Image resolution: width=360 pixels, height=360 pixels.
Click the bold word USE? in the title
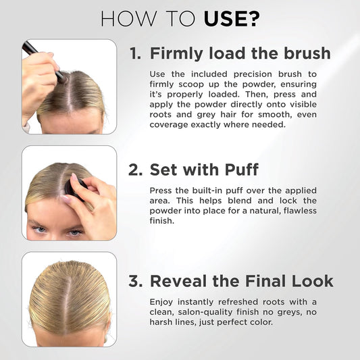click(x=232, y=18)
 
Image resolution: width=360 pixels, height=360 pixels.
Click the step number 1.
click(x=135, y=53)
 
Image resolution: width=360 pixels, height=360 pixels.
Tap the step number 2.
click(x=135, y=170)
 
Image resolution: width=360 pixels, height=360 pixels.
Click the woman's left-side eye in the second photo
click(x=41, y=230)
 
